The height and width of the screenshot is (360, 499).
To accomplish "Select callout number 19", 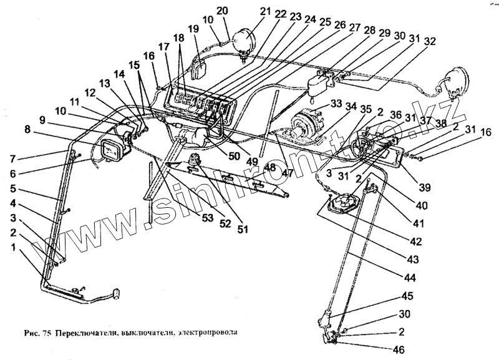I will (x=192, y=29).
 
